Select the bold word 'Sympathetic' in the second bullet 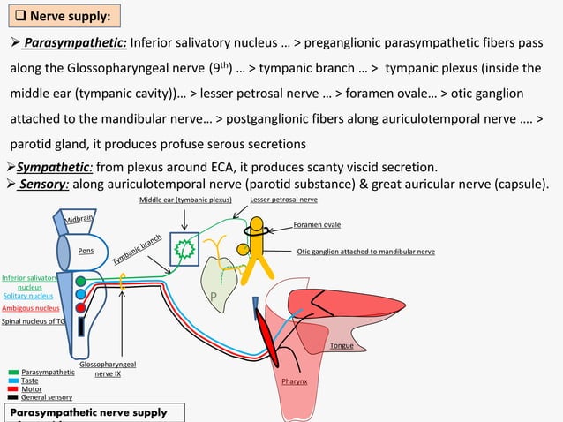[49, 168]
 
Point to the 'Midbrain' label [79, 218]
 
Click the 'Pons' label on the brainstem [86, 251]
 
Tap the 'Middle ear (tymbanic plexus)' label [185, 200]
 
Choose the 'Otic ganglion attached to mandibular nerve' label [365, 252]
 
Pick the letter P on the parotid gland [213, 300]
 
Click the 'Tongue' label [341, 346]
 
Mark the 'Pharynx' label [294, 382]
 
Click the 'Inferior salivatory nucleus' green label [30, 282]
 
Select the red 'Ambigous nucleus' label [30, 309]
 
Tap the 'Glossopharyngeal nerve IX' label [107, 368]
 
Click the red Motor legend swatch [12, 389]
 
